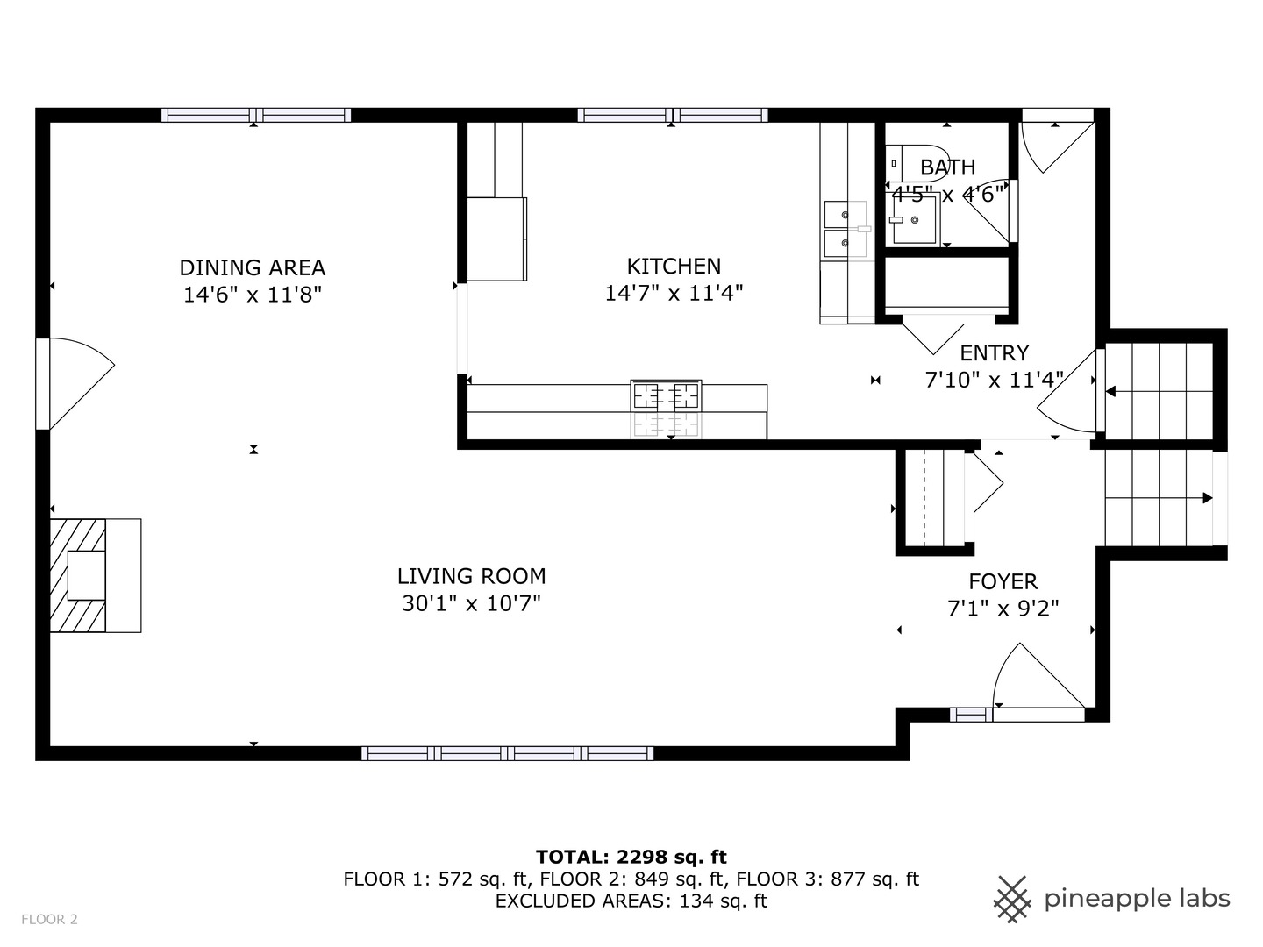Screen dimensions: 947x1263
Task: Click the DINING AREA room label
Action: [253, 267]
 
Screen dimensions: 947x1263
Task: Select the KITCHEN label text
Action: [674, 266]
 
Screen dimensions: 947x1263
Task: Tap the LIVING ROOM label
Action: [471, 576]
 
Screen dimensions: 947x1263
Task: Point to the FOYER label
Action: [1003, 581]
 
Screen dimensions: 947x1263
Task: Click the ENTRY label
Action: [994, 352]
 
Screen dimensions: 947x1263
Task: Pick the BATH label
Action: [947, 167]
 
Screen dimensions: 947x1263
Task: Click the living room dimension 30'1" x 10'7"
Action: [471, 603]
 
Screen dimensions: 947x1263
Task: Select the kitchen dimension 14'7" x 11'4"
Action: [674, 293]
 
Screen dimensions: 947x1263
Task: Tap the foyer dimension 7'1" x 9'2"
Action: [1003, 609]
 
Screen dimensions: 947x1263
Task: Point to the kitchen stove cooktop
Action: [666, 396]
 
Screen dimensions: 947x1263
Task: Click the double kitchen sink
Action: [845, 228]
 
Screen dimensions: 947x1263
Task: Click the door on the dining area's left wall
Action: [75, 384]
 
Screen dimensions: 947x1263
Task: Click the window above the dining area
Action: [255, 115]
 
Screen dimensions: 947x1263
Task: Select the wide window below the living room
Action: [507, 753]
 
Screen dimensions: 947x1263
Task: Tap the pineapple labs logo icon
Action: [1011, 899]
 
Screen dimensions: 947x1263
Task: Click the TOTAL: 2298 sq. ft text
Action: [631, 857]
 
